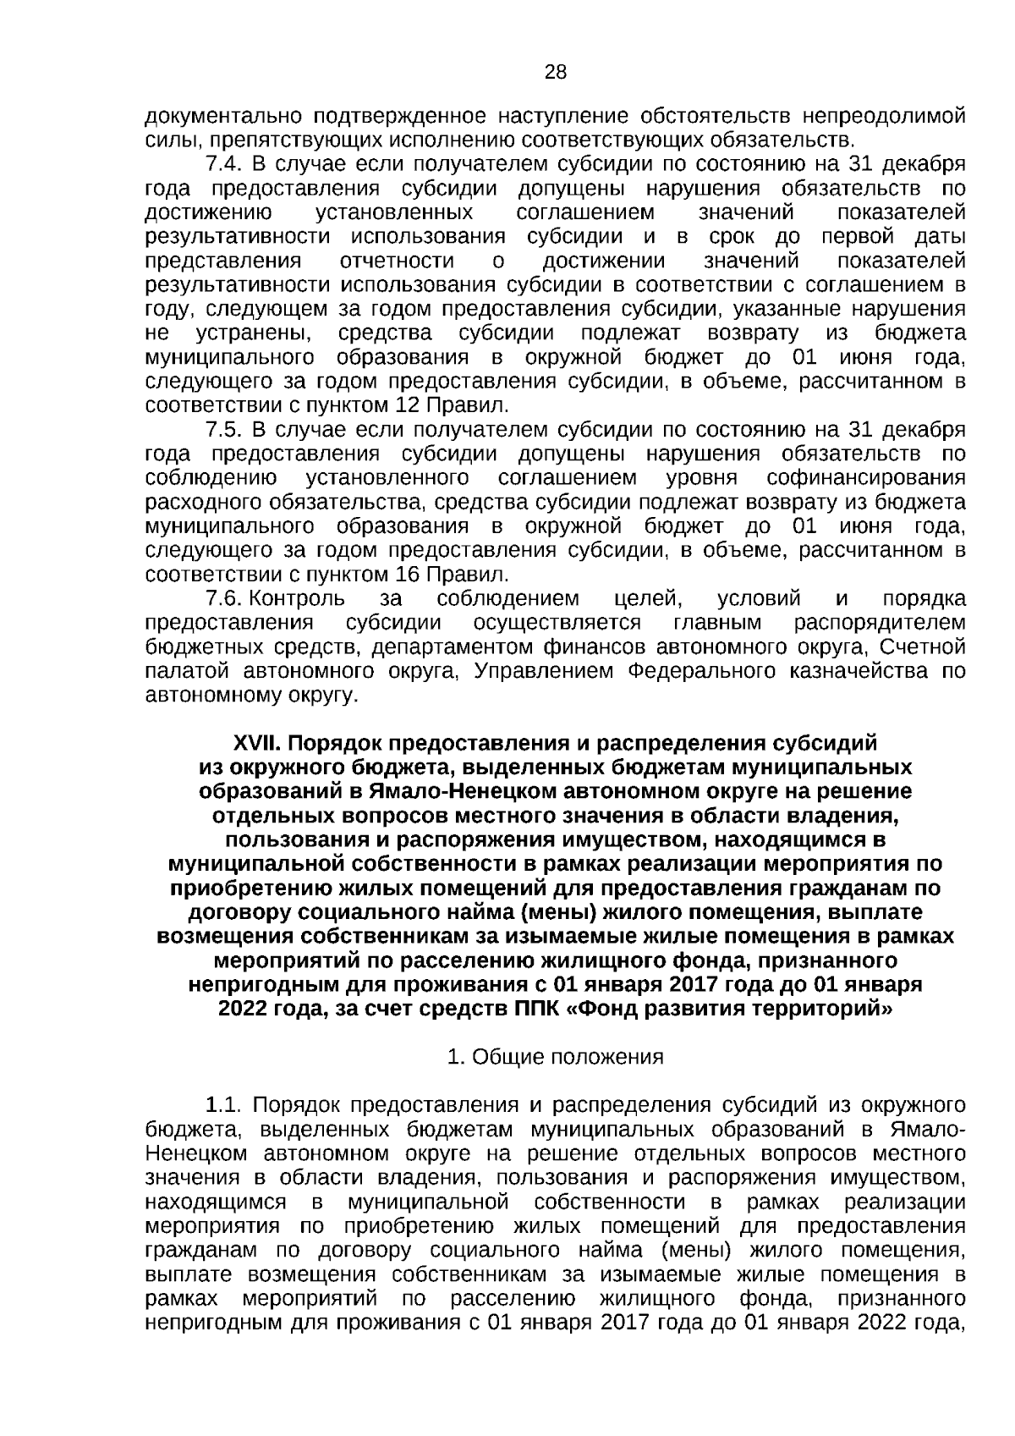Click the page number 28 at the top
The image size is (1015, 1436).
[556, 72]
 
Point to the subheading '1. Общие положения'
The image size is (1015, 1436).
[555, 1057]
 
